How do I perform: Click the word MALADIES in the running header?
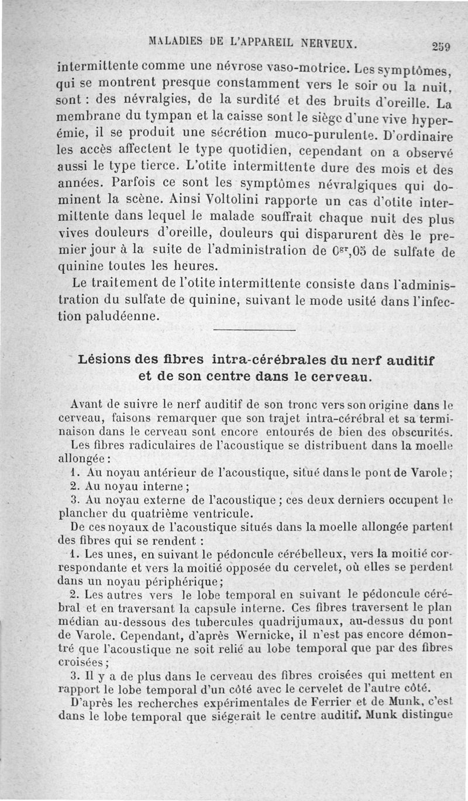tap(172, 43)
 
